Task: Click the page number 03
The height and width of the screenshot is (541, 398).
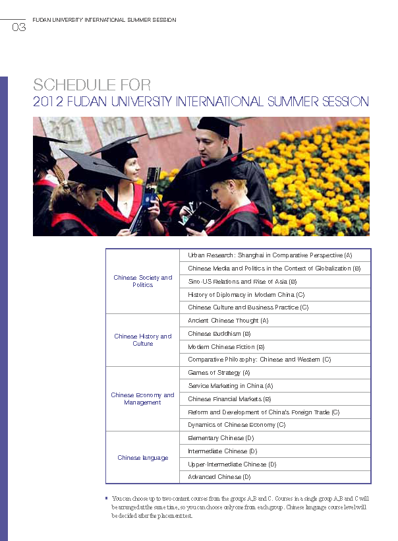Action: (x=19, y=28)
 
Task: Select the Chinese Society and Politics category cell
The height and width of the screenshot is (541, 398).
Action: (x=142, y=281)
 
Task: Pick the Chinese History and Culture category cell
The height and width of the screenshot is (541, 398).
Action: (x=142, y=340)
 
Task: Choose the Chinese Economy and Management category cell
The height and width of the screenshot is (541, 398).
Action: (x=142, y=398)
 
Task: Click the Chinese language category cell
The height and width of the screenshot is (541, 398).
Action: (x=142, y=457)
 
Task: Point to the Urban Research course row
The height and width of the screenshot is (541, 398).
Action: (x=270, y=255)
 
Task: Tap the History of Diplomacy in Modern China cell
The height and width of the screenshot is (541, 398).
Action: (x=246, y=294)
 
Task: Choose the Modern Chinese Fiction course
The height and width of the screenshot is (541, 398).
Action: (x=226, y=346)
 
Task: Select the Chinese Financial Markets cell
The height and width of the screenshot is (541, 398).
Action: (x=229, y=399)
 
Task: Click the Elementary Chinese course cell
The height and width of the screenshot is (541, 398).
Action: (x=221, y=438)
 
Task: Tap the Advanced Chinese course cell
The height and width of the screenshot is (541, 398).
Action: (x=219, y=476)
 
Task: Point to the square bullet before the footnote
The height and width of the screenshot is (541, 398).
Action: (x=107, y=497)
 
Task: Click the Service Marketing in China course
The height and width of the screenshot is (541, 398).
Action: (x=231, y=386)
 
